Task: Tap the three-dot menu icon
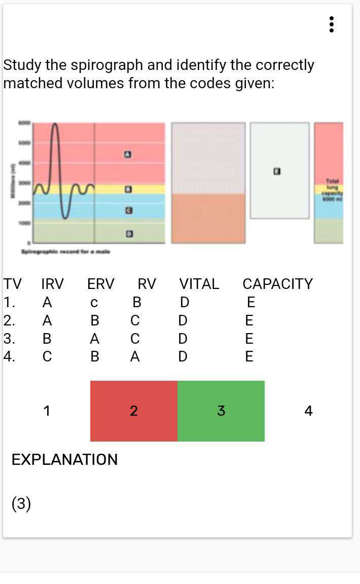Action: (x=331, y=24)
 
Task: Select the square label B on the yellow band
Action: (x=129, y=190)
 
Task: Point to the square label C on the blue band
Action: (x=129, y=210)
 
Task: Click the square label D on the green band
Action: (x=129, y=234)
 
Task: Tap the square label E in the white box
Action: (x=277, y=171)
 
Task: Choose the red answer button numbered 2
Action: (x=134, y=411)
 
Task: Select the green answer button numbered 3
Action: (x=221, y=411)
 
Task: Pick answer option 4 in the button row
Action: (x=308, y=411)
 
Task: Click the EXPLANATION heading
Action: (x=64, y=459)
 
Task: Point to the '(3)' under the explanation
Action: (x=21, y=504)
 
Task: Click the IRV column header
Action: (x=52, y=284)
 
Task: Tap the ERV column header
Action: (x=101, y=284)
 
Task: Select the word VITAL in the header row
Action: (x=199, y=284)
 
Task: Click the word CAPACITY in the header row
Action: (x=277, y=284)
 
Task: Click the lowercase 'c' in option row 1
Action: (x=94, y=303)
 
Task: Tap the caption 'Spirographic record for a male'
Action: (x=65, y=251)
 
